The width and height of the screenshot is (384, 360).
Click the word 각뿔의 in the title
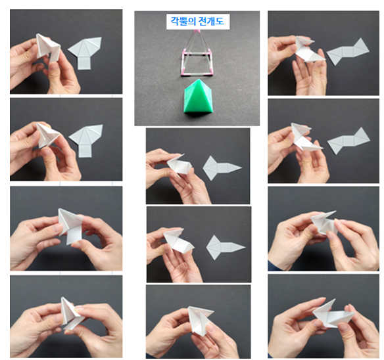point(183,21)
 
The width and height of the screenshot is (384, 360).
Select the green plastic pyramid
point(198,96)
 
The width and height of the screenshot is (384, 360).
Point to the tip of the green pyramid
point(199,79)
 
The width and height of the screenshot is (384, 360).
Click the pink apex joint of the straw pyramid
point(197,31)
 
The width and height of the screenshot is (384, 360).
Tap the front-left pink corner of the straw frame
point(183,74)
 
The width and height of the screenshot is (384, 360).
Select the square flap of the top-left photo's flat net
point(83,63)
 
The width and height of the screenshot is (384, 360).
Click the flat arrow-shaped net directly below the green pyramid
point(222,168)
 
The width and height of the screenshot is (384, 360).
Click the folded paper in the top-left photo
point(48,49)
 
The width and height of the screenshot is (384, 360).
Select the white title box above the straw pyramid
point(198,22)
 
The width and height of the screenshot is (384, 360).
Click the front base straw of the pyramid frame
point(197,74)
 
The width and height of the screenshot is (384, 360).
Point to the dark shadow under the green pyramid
point(199,113)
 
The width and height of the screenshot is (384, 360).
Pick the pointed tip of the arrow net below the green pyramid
point(242,167)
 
